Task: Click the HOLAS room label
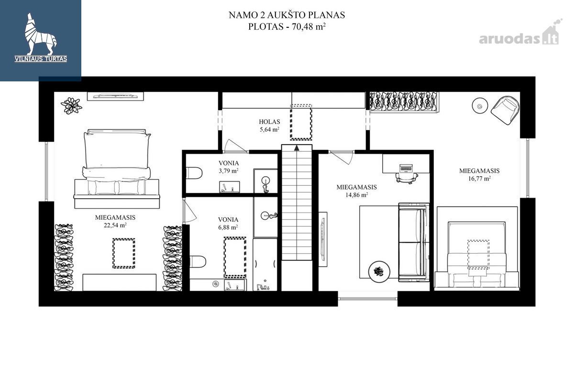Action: click(269, 122)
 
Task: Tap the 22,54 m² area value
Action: click(115, 225)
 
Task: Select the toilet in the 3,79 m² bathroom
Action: click(194, 173)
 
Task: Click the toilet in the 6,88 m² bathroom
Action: click(198, 262)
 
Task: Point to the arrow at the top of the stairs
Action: click(297, 148)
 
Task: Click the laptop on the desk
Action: click(406, 168)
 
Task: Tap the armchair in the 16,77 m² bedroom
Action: click(506, 110)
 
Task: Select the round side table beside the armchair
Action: click(480, 105)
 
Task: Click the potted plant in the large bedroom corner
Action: click(71, 106)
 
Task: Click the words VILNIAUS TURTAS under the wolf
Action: click(41, 59)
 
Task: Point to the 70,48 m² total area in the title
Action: click(309, 26)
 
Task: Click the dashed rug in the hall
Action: click(301, 122)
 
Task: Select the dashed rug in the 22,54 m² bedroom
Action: click(124, 253)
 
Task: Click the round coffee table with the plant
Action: click(379, 271)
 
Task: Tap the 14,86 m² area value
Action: click(356, 195)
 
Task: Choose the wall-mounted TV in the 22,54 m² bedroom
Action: click(115, 96)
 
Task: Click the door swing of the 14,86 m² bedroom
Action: click(342, 157)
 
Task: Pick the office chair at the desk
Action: click(407, 178)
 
